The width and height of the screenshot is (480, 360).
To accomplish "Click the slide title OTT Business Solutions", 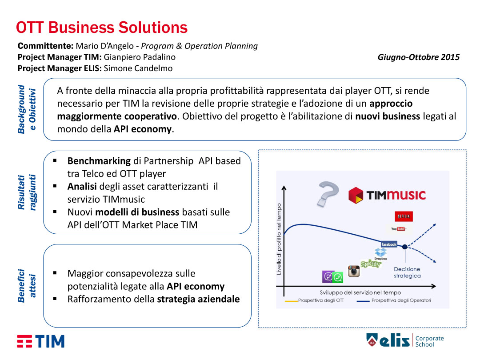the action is (102, 28).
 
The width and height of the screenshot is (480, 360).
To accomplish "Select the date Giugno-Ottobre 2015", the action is (419, 57).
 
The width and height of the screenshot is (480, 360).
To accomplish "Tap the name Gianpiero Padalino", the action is (140, 57).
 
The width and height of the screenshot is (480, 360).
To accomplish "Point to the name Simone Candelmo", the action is (138, 68).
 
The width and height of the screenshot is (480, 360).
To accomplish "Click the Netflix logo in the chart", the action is (404, 216).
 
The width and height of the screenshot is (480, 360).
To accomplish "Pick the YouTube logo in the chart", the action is (398, 229).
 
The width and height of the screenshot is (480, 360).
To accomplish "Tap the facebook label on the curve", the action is (389, 244).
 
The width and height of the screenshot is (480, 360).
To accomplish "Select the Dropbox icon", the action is (381, 254).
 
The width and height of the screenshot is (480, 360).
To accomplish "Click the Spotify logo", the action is (371, 264).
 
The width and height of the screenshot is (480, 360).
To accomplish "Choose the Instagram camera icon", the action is (354, 271).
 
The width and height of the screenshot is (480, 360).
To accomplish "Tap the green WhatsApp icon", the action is (338, 277).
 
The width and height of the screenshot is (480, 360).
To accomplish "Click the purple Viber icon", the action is (328, 277).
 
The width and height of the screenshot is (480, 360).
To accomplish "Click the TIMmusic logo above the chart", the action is (387, 195).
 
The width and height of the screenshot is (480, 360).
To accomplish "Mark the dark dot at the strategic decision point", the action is (405, 247).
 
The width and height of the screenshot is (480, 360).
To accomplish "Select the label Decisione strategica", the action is (407, 272).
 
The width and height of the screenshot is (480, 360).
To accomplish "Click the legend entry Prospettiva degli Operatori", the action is (394, 300).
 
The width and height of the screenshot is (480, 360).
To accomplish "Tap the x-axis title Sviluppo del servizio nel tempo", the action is (360, 292).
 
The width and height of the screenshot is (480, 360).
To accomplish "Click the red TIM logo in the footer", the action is (41, 341).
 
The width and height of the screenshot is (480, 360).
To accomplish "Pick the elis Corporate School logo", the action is (405, 340).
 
